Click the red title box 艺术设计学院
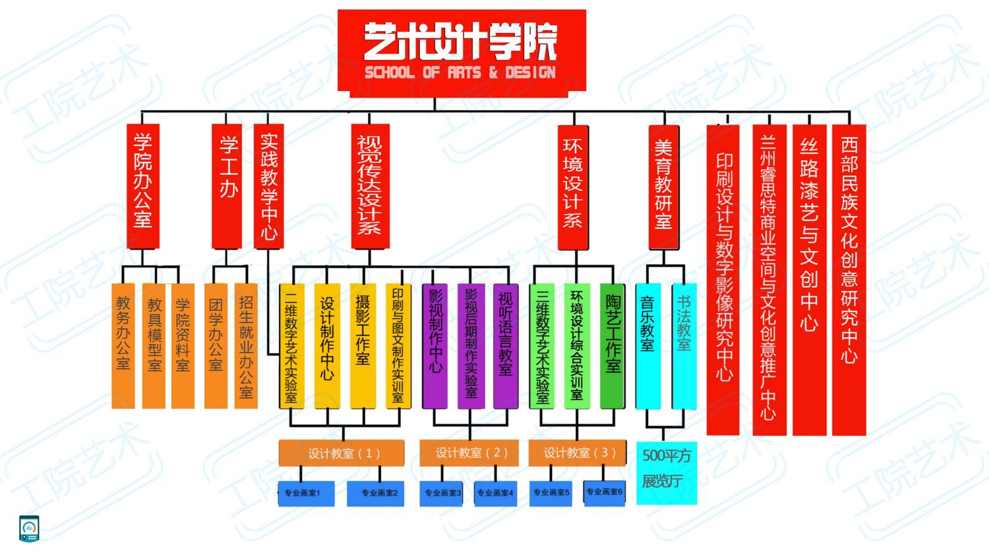(461, 53)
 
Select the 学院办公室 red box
(143, 186)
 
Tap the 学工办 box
(227, 186)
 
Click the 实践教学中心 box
(269, 186)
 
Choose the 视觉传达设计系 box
(370, 186)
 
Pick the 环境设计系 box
(572, 186)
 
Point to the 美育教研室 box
(663, 186)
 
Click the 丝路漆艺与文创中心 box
(809, 279)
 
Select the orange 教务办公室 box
(123, 346)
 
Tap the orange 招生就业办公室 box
(246, 346)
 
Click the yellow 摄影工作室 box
(363, 346)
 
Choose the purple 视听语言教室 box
(506, 346)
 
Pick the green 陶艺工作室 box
(613, 346)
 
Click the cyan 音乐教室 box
(647, 346)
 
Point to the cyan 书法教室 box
(684, 346)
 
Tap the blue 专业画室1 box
(306, 493)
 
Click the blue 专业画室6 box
(604, 493)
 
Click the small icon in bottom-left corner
(29, 528)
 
